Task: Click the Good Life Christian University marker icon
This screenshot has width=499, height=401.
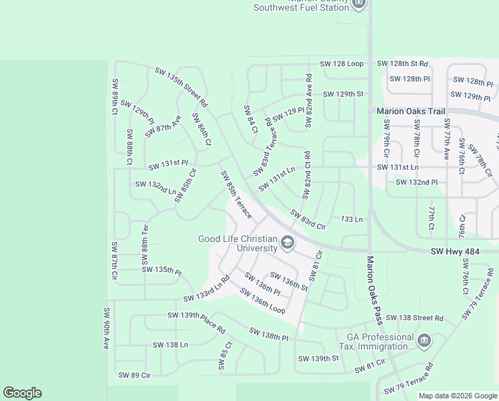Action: pos(288,243)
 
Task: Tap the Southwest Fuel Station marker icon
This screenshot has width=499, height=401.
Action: pos(359,4)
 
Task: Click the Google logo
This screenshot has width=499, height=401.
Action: pos(22,393)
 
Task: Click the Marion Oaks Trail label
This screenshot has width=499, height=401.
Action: pos(410,112)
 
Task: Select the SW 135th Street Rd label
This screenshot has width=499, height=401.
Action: pos(181,88)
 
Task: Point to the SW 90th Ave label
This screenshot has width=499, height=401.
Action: pos(106,328)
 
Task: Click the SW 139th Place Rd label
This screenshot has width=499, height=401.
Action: pos(197,323)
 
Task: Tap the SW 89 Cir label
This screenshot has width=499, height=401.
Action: pos(134,375)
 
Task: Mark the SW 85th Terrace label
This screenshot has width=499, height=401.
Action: pos(236,194)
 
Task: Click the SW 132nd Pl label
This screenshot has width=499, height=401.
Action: pos(416,182)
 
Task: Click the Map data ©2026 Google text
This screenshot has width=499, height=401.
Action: pos(458,396)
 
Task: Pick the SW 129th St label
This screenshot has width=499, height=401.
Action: pos(343,94)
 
